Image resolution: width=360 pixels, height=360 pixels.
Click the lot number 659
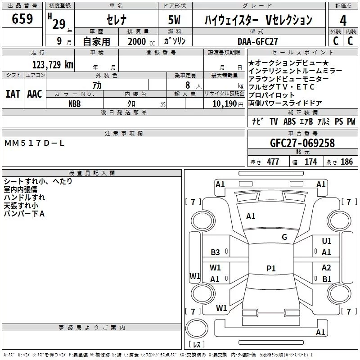tap(22, 18)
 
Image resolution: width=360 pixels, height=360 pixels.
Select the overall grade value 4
tap(343, 21)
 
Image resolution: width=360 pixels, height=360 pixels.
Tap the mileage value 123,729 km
tap(53, 65)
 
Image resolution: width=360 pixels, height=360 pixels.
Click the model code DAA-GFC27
tap(258, 41)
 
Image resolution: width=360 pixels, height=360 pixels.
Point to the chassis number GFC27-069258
tap(302, 143)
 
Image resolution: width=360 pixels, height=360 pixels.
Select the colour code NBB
tap(75, 104)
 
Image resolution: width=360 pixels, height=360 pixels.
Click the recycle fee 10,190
tap(225, 104)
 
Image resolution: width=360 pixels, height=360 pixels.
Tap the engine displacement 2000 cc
tap(141, 41)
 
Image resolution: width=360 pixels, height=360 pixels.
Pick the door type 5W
tap(174, 20)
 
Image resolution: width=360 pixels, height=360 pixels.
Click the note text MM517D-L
tap(34, 143)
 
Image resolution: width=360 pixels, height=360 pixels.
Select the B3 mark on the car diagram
tap(215, 252)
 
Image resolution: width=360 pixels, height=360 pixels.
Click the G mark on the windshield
tap(284, 237)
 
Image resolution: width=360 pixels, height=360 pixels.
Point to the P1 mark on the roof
tap(271, 268)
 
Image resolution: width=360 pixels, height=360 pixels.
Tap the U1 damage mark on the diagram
tap(327, 241)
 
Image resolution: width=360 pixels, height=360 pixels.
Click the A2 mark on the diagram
tap(326, 268)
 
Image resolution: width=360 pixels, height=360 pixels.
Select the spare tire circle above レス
tap(197, 328)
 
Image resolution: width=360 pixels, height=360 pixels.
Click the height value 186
tap(346, 162)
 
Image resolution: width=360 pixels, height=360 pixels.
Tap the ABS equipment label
tap(289, 121)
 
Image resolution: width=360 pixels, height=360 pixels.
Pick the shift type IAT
tap(13, 94)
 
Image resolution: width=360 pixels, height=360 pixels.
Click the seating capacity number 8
tap(188, 85)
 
